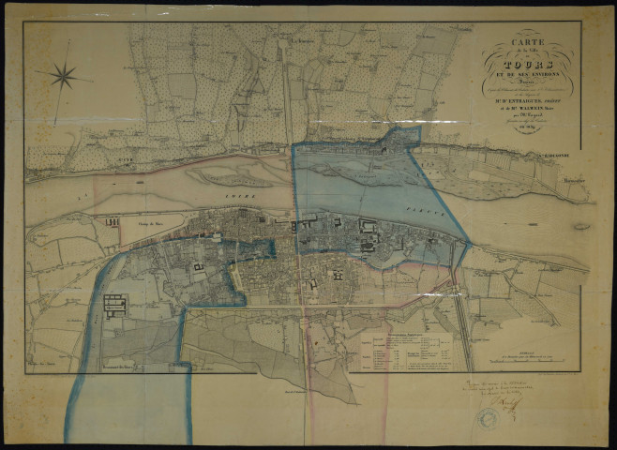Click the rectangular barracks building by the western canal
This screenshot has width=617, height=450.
tap(114, 304)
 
